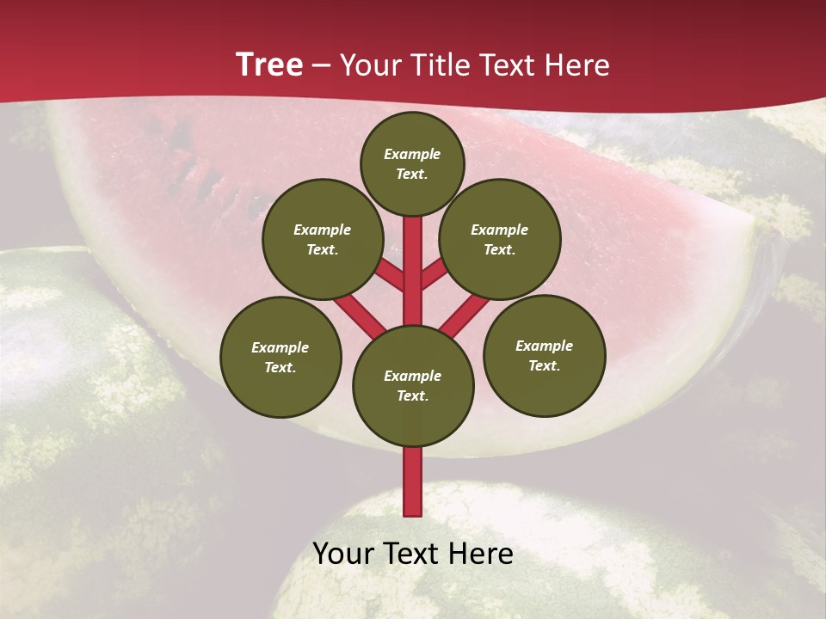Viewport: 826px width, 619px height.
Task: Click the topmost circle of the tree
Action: pos(412,163)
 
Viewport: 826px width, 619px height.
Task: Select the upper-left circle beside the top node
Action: pos(323,239)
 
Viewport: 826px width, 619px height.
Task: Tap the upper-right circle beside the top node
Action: pos(500,239)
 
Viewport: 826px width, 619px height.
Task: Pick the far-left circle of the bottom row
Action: pos(280,357)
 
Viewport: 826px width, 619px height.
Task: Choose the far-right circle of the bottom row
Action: pos(545,355)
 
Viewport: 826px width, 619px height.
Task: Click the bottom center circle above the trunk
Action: pos(413,385)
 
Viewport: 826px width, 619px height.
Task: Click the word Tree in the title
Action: pos(269,64)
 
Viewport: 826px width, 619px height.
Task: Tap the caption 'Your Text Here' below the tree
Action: pos(413,553)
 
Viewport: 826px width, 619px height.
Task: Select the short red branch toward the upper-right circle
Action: pos(435,274)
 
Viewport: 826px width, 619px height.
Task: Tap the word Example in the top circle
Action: pos(412,154)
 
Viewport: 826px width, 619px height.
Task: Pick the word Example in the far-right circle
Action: pos(544,346)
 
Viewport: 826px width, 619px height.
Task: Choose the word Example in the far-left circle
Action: pos(280,347)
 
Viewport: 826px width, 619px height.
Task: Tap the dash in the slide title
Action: pos(321,65)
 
